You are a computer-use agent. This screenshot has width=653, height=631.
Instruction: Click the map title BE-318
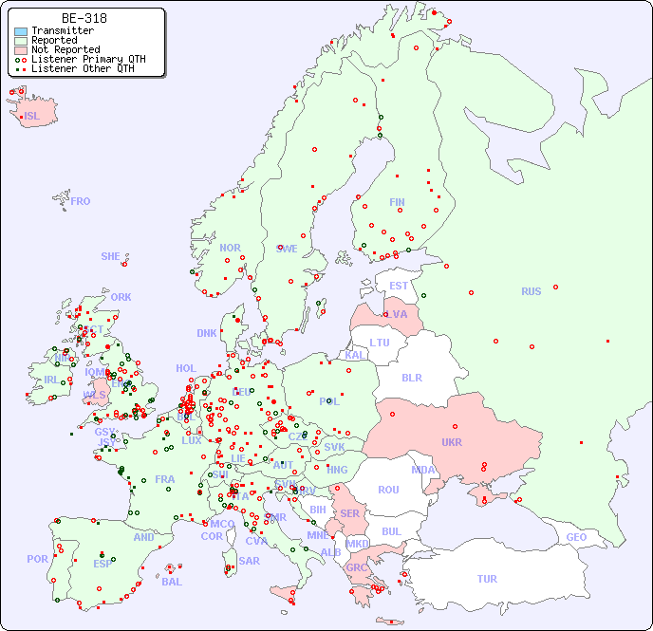click(84, 18)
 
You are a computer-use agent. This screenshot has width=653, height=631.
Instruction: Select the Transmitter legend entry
click(62, 31)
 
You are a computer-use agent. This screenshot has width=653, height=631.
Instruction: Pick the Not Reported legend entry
click(65, 49)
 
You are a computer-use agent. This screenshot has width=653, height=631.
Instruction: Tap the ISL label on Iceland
click(32, 117)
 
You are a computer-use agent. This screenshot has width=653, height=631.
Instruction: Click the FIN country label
click(397, 202)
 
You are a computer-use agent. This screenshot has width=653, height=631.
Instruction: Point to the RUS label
click(531, 292)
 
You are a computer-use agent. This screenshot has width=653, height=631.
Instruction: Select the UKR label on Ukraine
click(452, 442)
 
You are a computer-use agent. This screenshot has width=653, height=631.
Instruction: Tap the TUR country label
click(487, 579)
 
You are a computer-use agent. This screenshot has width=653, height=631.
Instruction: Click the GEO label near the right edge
click(576, 538)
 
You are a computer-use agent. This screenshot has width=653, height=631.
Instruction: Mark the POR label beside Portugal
click(37, 560)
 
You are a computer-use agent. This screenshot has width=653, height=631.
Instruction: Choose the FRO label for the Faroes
click(81, 201)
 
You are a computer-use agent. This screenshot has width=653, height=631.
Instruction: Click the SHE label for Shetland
click(111, 256)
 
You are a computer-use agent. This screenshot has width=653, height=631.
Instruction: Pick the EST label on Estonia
click(399, 286)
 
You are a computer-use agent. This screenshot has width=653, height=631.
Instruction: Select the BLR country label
click(411, 378)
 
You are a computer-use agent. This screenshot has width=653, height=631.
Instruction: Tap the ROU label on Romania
click(388, 490)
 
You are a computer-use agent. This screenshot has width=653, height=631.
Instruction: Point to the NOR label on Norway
click(230, 248)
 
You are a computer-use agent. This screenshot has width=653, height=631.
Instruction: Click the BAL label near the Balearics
click(171, 582)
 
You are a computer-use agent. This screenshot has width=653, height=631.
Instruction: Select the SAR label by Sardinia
click(249, 561)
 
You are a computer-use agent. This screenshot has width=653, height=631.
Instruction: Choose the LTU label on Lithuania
click(380, 343)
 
